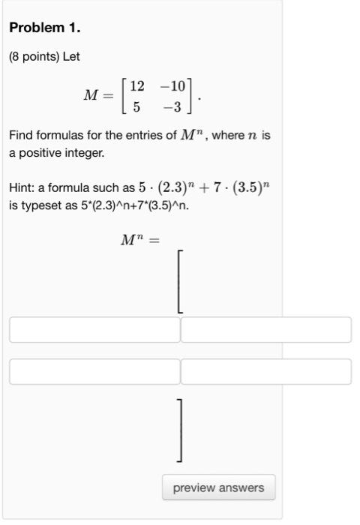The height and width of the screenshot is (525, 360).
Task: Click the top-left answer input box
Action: click(x=94, y=330)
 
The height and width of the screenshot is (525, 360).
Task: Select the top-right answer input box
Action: click(x=265, y=330)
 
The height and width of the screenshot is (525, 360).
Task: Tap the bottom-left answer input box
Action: click(x=94, y=371)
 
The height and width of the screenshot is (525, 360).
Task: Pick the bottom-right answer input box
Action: click(x=265, y=371)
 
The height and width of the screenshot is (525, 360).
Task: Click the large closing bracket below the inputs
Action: click(x=180, y=430)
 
